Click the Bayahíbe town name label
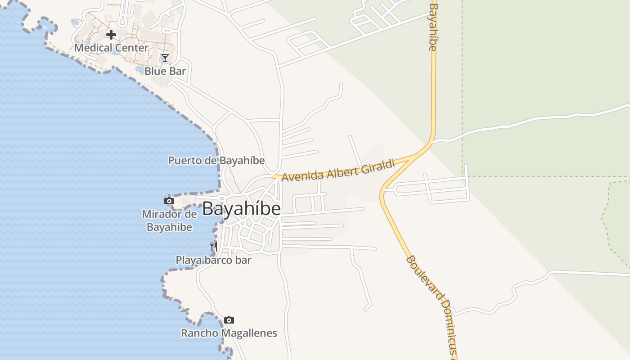pos(242,209)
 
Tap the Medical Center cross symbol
pos(111,35)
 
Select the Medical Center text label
pos(111,48)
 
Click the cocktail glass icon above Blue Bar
pos(165,58)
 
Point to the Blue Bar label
pos(165,71)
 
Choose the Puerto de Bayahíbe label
pos(216,161)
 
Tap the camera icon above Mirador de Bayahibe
pos(169,201)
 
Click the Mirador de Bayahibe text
pos(170,220)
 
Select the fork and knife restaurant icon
pos(214,246)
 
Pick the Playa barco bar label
pos(213,260)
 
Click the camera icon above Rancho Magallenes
pos(229,320)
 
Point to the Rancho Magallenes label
pos(229,333)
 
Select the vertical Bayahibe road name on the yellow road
pos(433,27)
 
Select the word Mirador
pos(162,214)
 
